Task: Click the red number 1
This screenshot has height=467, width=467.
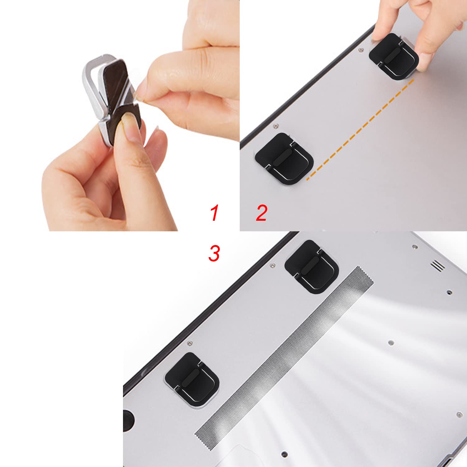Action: click(215, 213)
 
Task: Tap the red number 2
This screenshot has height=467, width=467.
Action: click(262, 213)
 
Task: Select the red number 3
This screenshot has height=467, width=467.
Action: click(214, 253)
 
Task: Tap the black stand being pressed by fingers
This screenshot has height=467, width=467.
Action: click(394, 56)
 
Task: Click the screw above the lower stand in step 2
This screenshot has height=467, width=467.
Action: click(275, 126)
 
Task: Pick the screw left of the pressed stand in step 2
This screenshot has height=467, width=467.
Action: click(361, 49)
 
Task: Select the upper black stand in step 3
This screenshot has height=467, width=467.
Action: click(312, 267)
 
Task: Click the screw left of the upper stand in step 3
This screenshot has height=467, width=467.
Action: click(272, 266)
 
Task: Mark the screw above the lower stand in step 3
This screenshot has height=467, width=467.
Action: click(189, 343)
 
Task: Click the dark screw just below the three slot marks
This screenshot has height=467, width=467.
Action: click(449, 292)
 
